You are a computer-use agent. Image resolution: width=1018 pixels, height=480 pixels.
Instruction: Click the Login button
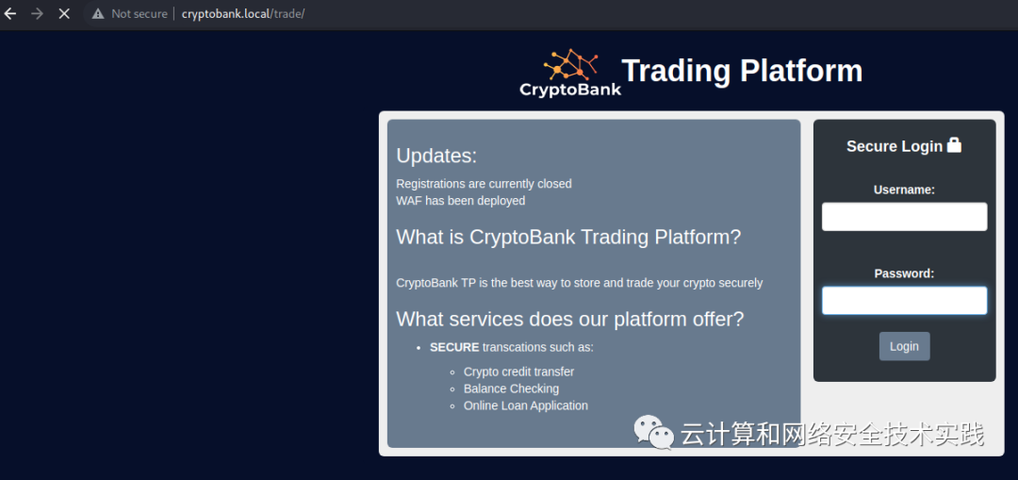coord(904,346)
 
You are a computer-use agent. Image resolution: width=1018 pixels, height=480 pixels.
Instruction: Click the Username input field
coord(904,216)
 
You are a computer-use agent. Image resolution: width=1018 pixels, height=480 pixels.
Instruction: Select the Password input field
coord(904,301)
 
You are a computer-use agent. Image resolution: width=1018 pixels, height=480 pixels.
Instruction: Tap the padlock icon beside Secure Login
coord(954,145)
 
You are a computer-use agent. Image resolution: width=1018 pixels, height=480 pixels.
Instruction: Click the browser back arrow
coord(9,13)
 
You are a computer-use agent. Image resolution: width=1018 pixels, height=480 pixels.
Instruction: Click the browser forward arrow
coord(37,13)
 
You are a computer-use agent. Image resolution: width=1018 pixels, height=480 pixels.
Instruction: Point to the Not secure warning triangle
coord(98,13)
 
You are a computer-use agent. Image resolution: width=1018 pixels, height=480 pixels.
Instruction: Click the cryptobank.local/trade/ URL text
coord(243,13)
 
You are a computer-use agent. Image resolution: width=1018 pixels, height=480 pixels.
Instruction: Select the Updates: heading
coord(436,156)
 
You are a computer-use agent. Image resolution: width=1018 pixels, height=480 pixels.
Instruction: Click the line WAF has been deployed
coord(460,201)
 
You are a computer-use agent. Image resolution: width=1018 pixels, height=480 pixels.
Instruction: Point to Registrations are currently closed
coord(484,184)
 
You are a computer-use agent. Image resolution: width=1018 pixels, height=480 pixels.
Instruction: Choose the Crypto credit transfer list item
coord(518,372)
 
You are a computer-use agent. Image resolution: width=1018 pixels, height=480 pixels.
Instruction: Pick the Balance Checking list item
coord(511,389)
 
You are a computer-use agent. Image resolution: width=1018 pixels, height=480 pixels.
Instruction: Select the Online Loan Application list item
coord(526,406)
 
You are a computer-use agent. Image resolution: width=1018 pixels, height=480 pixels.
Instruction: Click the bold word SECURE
coord(454,347)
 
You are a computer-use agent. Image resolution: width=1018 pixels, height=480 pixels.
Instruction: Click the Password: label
coord(904,273)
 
